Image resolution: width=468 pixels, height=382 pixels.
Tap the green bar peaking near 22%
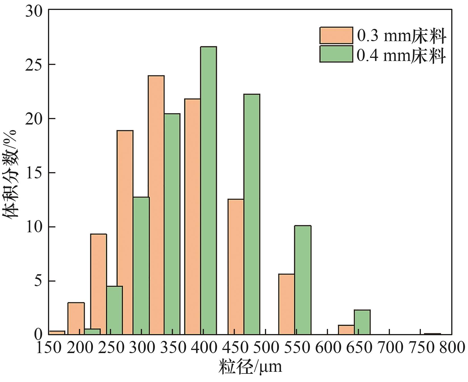pos(252,214)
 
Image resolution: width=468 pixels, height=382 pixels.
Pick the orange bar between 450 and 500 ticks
pos(236,267)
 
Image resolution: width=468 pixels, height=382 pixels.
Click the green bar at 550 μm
pos(302,280)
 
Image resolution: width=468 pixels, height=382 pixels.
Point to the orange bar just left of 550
pos(286,304)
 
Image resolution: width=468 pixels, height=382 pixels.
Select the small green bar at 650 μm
pos(362,322)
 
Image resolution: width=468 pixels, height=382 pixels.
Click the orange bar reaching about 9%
pos(98,284)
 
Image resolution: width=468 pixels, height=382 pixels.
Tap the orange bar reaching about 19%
pos(125,233)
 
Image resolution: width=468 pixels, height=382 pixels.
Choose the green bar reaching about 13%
pos(141,266)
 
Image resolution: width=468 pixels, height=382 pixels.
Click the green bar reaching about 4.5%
pos(114,310)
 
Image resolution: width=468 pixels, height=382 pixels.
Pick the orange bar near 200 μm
pos(76,318)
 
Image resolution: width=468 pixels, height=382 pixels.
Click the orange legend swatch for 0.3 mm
pos(336,35)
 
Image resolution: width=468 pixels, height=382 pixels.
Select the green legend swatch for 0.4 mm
pos(336,54)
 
